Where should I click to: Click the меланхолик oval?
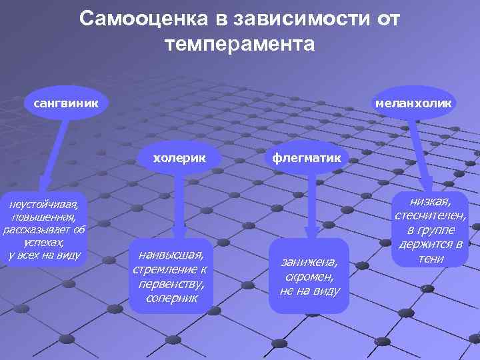(413, 103)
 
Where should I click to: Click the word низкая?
(431, 201)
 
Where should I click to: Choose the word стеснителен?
(431, 215)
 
